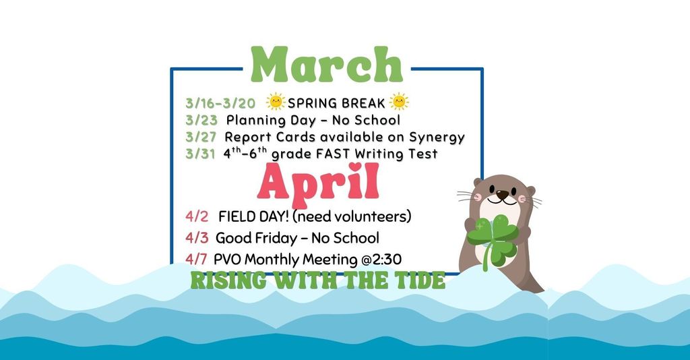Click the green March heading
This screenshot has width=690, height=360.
click(x=326, y=65)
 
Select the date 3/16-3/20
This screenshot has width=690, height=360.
click(x=220, y=103)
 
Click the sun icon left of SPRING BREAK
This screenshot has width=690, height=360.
click(x=276, y=102)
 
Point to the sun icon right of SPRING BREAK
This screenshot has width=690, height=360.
click(x=399, y=102)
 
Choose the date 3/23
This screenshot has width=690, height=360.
click(x=201, y=121)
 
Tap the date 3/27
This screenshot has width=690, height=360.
click(x=201, y=138)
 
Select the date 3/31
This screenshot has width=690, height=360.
click(x=201, y=154)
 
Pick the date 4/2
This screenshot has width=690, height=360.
click(x=197, y=217)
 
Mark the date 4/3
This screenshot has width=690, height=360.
click(x=197, y=238)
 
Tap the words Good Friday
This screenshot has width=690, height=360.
click(x=253, y=238)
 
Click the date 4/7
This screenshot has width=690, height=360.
click(x=196, y=259)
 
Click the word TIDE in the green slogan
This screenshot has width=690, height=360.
click(x=418, y=280)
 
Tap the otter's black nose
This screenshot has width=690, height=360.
click(x=502, y=196)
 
